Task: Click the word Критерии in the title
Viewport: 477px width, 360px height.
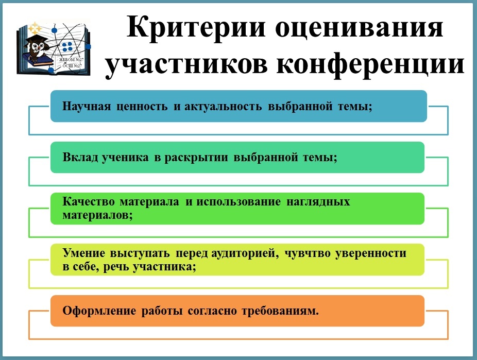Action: point(196,28)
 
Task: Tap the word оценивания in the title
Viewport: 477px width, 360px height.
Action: point(359,28)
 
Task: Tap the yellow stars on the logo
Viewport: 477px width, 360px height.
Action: point(35,28)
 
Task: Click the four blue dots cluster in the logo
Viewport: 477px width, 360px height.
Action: point(67,47)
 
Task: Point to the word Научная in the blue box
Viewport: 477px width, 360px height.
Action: point(87,107)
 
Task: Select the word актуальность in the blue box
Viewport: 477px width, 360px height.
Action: point(223,107)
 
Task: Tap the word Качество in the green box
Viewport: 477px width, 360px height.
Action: point(89,201)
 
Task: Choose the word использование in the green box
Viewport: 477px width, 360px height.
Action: point(238,201)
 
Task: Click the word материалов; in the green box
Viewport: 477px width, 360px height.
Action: point(98,215)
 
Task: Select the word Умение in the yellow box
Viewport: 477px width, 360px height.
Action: point(84,253)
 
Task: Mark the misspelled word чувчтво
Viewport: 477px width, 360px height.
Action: point(307,253)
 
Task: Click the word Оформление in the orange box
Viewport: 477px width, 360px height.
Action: point(99,311)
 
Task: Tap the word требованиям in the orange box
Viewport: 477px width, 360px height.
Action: point(280,311)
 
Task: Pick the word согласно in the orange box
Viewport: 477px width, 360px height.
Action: point(212,311)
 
